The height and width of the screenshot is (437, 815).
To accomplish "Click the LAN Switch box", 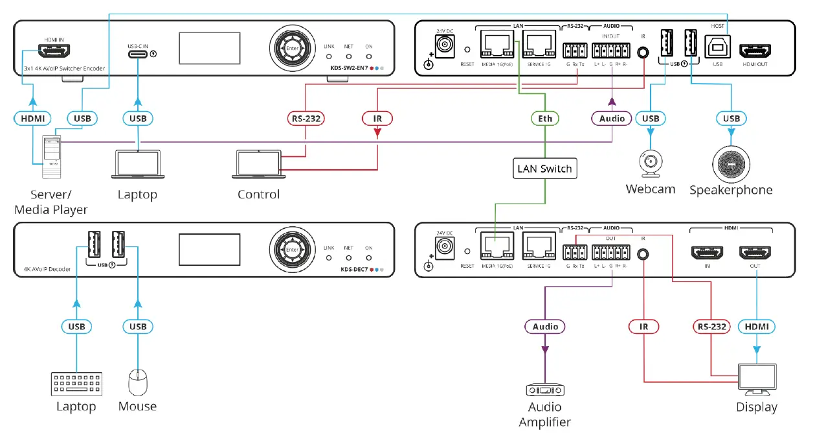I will [x=544, y=169].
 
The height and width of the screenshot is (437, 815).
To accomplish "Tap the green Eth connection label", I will [x=544, y=119].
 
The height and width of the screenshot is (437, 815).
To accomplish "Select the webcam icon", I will [x=650, y=164].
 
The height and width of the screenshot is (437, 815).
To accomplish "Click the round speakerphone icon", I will [x=731, y=164].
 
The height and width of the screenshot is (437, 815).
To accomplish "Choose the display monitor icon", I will [x=757, y=379].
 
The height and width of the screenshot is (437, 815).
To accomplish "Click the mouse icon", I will [x=137, y=382].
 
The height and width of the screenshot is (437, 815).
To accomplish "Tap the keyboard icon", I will [x=76, y=383].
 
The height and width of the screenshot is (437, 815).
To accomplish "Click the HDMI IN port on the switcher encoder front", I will [x=54, y=49].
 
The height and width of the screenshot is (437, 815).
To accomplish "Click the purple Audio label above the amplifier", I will [x=545, y=327].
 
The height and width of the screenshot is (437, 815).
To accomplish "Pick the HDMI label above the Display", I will [x=757, y=327].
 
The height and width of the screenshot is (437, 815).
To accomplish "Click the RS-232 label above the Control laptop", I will [x=306, y=119].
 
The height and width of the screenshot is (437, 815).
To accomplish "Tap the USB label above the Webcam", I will [x=651, y=119].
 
